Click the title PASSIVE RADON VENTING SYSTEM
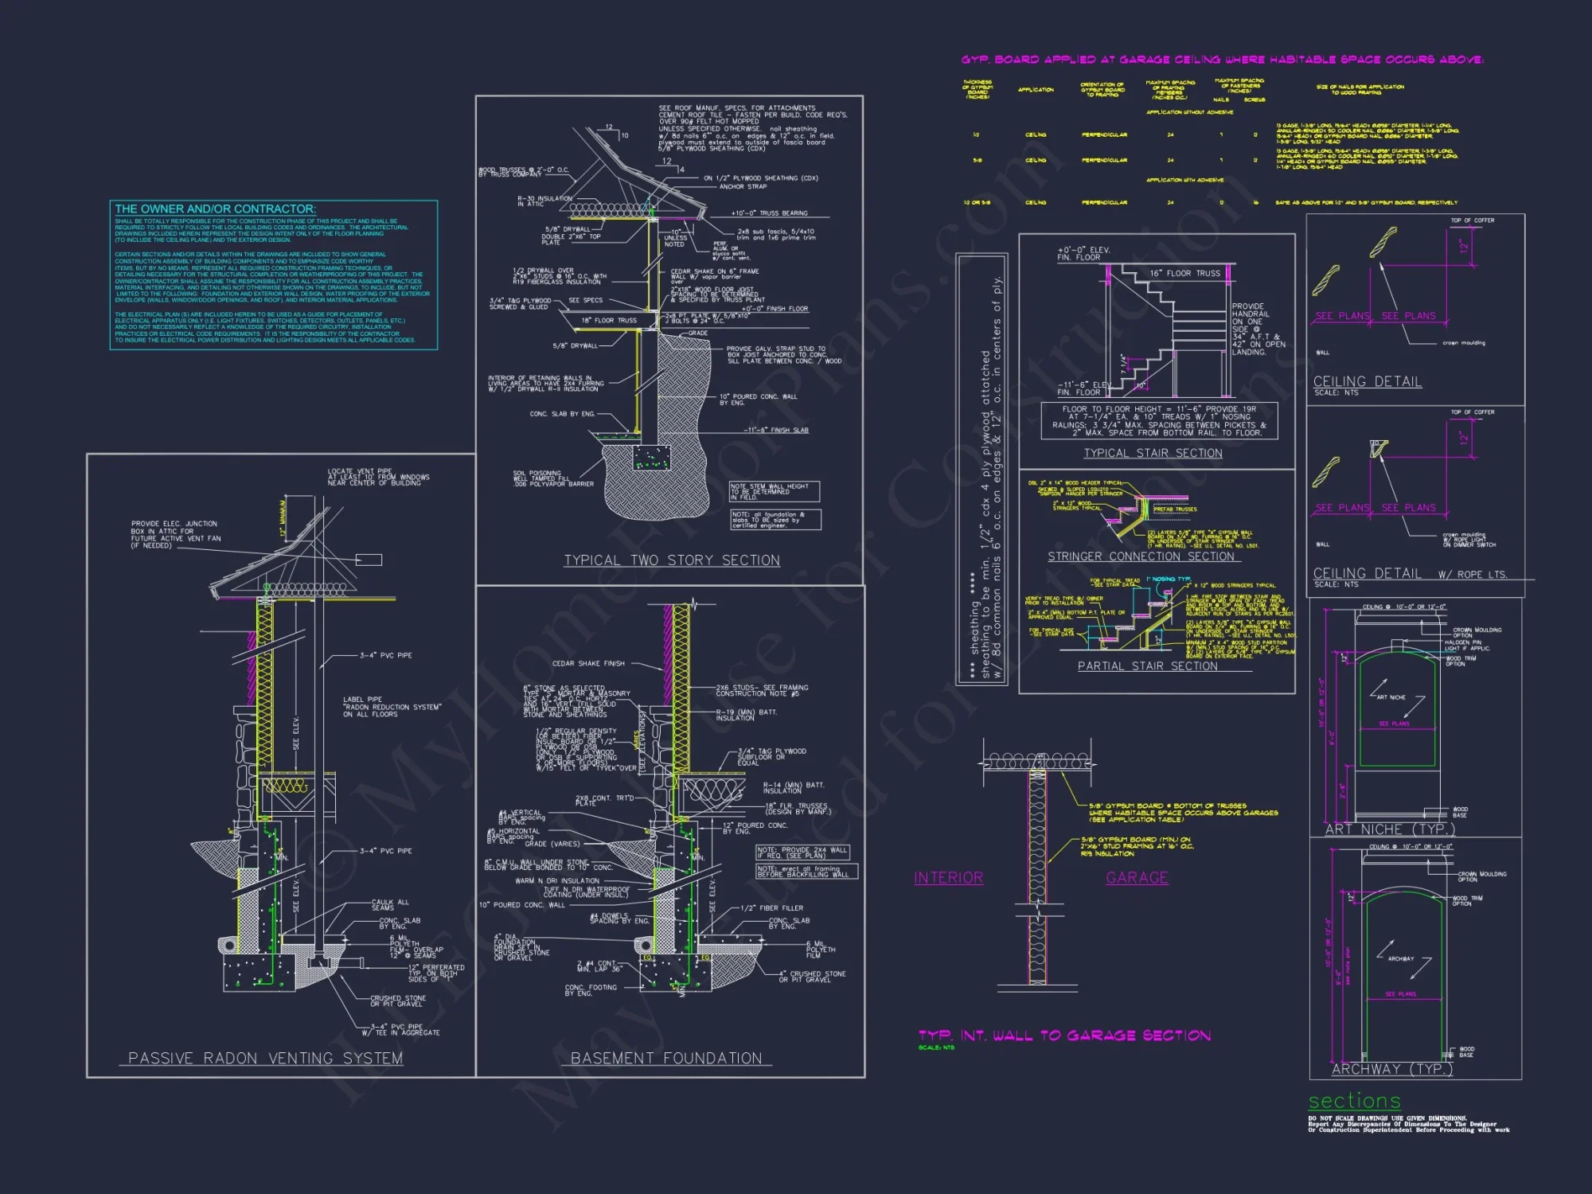coord(265,1059)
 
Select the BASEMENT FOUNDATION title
coord(666,1059)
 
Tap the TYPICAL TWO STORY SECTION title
coord(672,560)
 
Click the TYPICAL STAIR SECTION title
coord(1153,453)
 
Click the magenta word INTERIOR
coord(948,878)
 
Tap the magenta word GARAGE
coord(1137,878)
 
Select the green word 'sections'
coord(1354,1101)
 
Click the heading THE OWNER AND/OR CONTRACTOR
coord(215,209)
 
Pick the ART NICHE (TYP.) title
coord(1390,829)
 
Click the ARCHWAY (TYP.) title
coord(1391,1069)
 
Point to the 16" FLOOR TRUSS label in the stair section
coord(1184,273)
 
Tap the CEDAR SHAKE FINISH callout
coord(588,663)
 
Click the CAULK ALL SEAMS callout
coord(390,905)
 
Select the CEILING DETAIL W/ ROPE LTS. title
coord(1410,574)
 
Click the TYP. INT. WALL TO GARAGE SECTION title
coord(1064,1036)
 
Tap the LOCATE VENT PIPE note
coord(378,477)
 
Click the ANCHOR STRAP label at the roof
coord(743,187)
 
